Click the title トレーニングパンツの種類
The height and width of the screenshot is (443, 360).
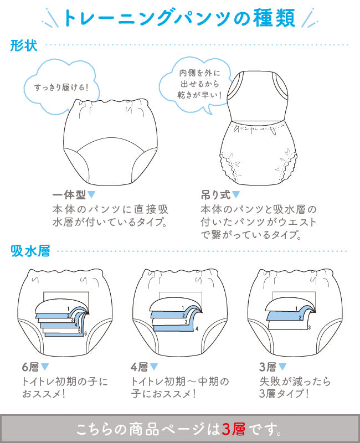179,18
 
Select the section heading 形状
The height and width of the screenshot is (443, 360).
24,45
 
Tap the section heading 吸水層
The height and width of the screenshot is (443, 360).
30,251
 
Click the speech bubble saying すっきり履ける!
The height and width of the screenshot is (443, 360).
61,87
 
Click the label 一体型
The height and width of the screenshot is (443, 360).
69,195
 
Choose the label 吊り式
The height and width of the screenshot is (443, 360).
215,195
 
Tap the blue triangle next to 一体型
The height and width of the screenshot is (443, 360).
91,194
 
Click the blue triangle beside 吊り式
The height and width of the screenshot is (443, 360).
236,194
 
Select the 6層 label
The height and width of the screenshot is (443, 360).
30,367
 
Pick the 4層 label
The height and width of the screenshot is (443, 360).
140,367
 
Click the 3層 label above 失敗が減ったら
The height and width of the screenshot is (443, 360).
268,367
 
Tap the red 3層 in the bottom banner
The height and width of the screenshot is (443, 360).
233,429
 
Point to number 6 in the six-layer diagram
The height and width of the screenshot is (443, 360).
85,334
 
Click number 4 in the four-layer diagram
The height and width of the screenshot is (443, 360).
197,328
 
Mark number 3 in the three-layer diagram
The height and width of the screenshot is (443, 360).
310,327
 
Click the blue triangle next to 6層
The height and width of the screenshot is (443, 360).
45,367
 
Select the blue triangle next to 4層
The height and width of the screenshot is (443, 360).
154,367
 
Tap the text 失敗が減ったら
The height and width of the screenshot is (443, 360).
295,382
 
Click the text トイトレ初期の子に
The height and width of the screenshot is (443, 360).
65,382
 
